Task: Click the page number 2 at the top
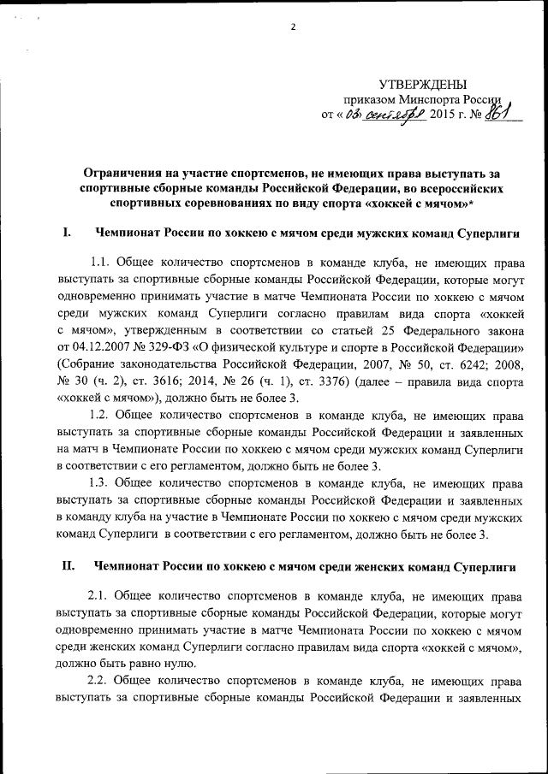[x=292, y=27]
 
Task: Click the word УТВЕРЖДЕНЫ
[x=423, y=84]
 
